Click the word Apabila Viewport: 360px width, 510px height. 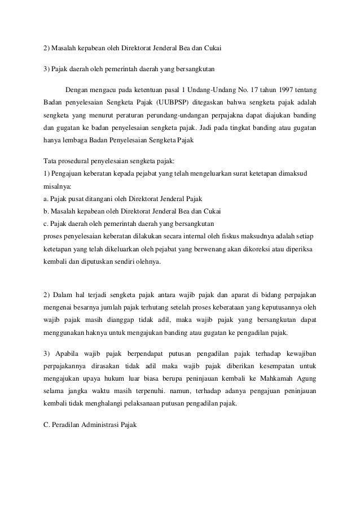(70, 354)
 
